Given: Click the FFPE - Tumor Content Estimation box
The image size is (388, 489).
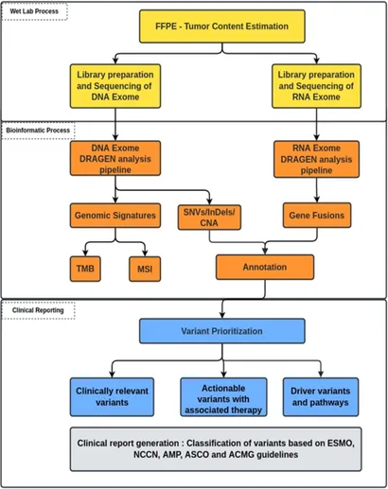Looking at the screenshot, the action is [x=222, y=26].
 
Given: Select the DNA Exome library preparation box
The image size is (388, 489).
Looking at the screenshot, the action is [x=115, y=86].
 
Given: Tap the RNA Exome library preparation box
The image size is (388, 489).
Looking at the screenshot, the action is [x=316, y=86].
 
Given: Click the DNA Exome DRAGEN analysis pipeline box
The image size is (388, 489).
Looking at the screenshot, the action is [x=115, y=158].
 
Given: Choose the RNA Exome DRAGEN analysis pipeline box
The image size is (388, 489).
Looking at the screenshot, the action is [x=316, y=159].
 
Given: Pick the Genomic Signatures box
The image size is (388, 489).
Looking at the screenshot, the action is [x=115, y=216].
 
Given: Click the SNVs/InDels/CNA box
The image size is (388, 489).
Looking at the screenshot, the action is [x=209, y=218].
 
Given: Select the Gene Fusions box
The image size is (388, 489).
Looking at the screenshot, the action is [x=317, y=216].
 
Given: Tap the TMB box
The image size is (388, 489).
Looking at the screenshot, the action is [x=85, y=269].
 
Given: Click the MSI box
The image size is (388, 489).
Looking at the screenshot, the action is [x=145, y=269].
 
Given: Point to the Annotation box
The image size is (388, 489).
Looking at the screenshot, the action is [x=265, y=267].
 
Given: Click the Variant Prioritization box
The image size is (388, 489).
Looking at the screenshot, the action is [x=222, y=331].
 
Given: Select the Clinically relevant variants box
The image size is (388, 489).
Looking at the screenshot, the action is [x=112, y=397].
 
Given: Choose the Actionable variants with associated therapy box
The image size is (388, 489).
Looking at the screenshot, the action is [x=223, y=397].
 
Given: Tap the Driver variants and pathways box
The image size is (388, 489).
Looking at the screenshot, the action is [x=321, y=397].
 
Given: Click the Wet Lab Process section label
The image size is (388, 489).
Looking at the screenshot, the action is [x=34, y=11].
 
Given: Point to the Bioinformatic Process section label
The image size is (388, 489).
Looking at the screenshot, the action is [x=38, y=131].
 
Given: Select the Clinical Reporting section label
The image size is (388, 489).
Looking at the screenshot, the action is [x=38, y=310].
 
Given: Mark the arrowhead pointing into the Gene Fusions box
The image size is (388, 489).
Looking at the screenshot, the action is [x=317, y=200].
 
